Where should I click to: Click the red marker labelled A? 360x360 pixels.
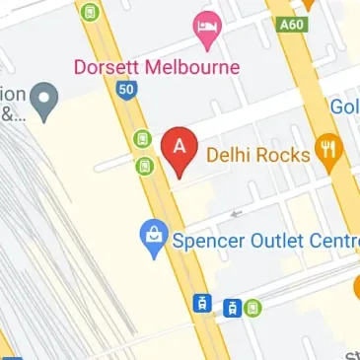pos(179,149)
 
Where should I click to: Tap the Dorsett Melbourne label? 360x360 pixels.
pos(157,68)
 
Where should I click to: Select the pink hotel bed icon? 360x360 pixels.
pos(206,30)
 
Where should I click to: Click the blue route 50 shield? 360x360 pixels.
pos(125,89)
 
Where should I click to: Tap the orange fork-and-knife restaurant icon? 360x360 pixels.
pos(326,152)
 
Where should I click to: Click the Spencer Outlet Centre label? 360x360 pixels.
pos(262,240)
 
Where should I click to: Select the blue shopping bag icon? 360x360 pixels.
pos(153,237)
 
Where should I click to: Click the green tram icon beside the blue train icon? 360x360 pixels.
pos(253,307)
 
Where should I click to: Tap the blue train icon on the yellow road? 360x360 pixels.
pos(201,304)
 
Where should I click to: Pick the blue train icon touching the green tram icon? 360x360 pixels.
pos(233,307)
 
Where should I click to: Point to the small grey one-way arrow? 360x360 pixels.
pos(234,212)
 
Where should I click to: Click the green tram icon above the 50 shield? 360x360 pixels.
pos(91,13)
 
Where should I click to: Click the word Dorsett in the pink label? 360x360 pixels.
pos(106,68)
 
